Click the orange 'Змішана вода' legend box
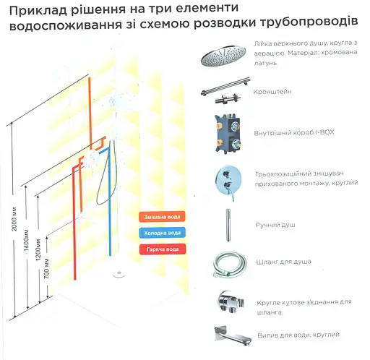click(162, 217)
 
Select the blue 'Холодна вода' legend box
click(162, 233)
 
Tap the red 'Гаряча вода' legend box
click(163, 249)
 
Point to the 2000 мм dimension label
click(14, 219)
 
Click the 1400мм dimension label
click(26, 240)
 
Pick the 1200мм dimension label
click(38, 250)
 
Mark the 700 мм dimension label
click(47, 268)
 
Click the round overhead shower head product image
click(223, 55)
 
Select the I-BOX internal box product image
click(228, 134)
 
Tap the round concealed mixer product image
click(228, 181)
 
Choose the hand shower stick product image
click(228, 225)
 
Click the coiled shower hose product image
click(231, 265)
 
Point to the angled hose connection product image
click(231, 302)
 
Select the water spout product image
click(232, 335)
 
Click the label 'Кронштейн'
click(272, 92)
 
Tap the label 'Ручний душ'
click(275, 225)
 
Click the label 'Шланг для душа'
click(284, 262)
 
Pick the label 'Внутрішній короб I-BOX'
click(294, 132)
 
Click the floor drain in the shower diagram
click(119, 274)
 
